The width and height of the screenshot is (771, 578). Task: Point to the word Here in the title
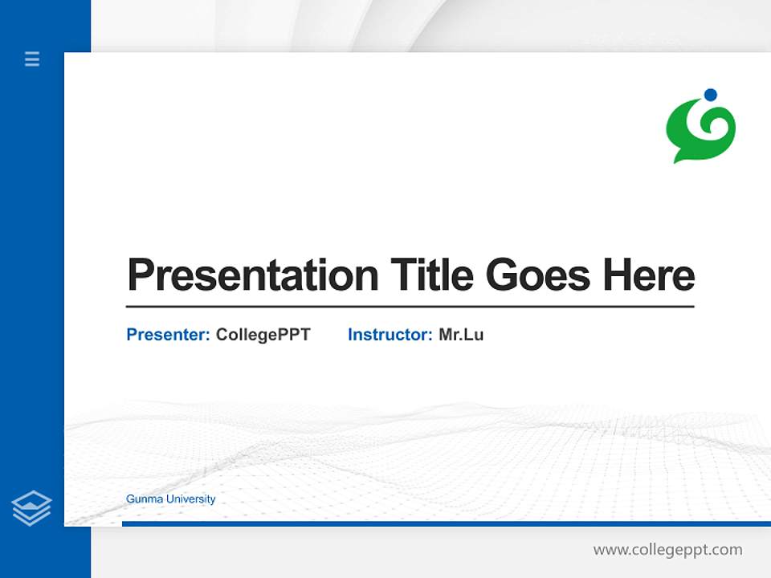pos(649,275)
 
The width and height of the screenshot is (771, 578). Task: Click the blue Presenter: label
pos(168,335)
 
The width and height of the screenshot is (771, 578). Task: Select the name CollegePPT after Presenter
pos(263,335)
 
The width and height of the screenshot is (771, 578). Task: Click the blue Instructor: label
pos(390,335)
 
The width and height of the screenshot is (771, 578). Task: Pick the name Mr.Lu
pos(461,335)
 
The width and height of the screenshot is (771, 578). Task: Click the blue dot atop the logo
pos(710,95)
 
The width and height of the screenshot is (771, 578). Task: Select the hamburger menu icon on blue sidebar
pos(32,59)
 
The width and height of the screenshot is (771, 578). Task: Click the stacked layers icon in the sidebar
pos(31,508)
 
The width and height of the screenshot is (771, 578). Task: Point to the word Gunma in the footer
pos(141,499)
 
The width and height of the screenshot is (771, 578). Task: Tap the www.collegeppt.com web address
pos(667,550)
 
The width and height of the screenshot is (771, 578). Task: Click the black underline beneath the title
pos(410,306)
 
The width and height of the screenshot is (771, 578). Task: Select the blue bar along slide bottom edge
pos(446,523)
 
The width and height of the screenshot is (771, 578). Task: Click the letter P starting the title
pos(140,275)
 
